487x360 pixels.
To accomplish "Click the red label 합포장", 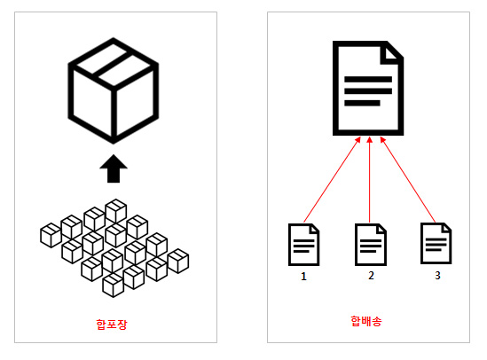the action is (x=112, y=325).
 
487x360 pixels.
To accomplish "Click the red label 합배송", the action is (x=366, y=321).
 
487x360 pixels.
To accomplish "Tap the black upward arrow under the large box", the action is (x=114, y=168).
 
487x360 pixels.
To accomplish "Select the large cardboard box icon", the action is (x=114, y=90).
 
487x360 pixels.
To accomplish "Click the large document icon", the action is (x=368, y=88).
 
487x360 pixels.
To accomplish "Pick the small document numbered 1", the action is (x=303, y=245).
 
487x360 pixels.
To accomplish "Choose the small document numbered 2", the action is (x=371, y=245).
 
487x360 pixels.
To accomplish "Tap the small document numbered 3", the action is (x=436, y=243).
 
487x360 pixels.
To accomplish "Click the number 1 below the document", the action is (x=303, y=277).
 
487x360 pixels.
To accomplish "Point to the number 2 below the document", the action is (x=371, y=275).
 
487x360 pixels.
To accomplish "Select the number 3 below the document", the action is (x=437, y=275).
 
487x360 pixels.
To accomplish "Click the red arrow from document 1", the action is (x=332, y=180).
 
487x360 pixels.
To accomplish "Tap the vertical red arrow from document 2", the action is (x=370, y=180).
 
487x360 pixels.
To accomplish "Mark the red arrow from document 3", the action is (x=408, y=180).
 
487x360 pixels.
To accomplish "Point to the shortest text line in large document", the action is (x=362, y=103).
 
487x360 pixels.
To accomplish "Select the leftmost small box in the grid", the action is (x=51, y=235).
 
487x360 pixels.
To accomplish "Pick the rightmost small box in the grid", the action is (x=178, y=261).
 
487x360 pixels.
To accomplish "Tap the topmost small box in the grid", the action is (x=116, y=211).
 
